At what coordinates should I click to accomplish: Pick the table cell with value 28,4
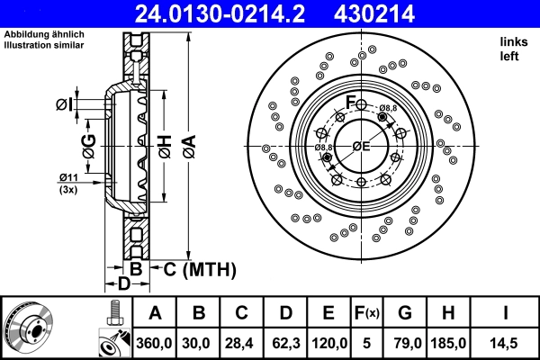coord(242,342)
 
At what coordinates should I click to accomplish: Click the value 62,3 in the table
coord(285,342)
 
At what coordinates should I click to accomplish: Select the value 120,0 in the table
coord(329,342)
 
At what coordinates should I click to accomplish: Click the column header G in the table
coord(405,313)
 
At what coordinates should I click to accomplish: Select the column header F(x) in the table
coord(367,313)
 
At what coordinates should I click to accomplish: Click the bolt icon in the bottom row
coord(111,313)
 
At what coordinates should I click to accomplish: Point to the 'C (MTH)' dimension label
coord(199,268)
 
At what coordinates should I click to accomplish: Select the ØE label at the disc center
coord(362,147)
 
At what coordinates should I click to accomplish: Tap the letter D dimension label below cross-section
coord(125,284)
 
